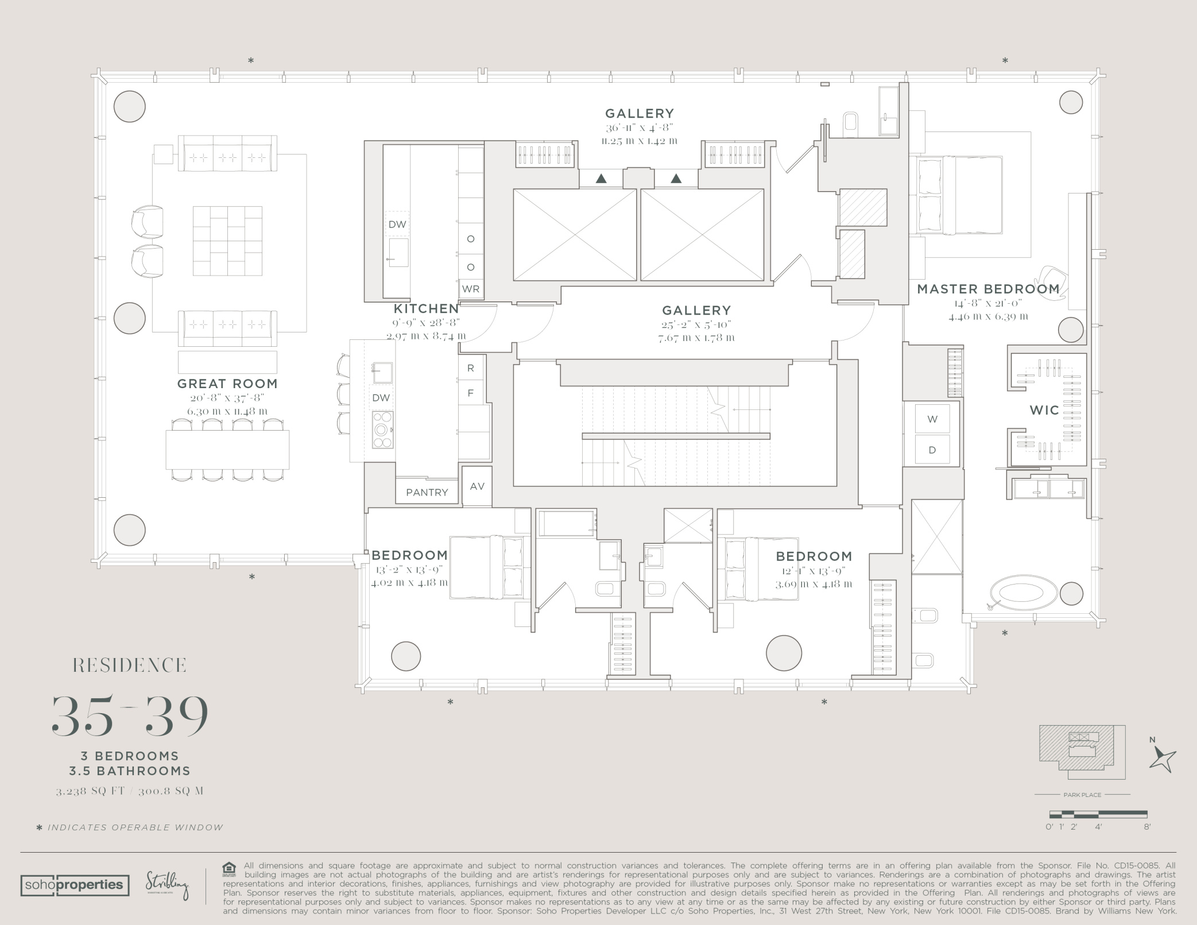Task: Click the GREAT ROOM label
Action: click(227, 384)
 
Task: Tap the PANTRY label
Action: click(427, 493)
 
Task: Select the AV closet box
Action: click(477, 486)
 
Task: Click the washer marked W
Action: click(932, 419)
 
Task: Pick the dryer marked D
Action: click(932, 450)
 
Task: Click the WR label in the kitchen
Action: click(471, 289)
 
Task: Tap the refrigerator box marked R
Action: click(471, 368)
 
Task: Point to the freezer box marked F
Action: click(471, 393)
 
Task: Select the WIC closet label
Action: click(1044, 410)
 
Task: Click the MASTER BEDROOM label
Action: click(988, 289)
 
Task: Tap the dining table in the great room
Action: click(227, 450)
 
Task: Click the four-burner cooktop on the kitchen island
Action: click(382, 429)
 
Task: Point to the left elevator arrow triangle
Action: click(601, 179)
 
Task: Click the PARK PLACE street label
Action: click(1082, 795)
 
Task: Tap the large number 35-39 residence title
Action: click(130, 715)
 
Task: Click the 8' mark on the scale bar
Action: click(1146, 827)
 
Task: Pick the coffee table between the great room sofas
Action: click(227, 241)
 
